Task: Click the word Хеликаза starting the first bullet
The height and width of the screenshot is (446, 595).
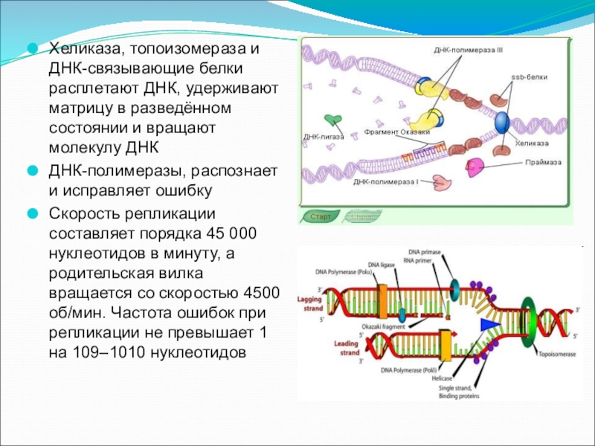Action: (83, 51)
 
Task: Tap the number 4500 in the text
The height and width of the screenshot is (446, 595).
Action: (260, 291)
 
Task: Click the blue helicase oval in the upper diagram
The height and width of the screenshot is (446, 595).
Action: (503, 121)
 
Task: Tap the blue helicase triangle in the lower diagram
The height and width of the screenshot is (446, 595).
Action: (488, 325)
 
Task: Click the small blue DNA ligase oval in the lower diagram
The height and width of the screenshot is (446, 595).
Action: (402, 314)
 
